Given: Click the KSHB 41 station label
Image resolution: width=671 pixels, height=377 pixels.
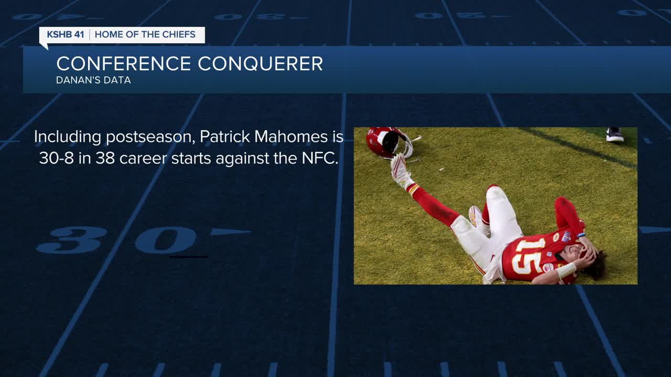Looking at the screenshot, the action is pyautogui.click(x=66, y=35).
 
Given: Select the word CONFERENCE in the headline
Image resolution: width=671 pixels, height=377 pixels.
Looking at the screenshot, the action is pyautogui.click(x=123, y=63).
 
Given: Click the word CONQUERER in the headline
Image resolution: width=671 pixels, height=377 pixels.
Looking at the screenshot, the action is pyautogui.click(x=261, y=64).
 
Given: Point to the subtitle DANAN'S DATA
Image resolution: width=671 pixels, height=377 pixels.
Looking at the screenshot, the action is pyautogui.click(x=93, y=80).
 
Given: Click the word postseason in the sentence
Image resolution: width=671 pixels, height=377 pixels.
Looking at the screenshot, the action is pyautogui.click(x=150, y=137).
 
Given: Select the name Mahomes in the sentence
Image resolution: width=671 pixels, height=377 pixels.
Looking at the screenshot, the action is pyautogui.click(x=291, y=137).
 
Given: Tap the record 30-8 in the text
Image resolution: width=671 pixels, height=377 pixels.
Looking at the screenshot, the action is pyautogui.click(x=56, y=158).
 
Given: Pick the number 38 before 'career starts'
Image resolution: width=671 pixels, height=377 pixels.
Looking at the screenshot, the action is pyautogui.click(x=105, y=158).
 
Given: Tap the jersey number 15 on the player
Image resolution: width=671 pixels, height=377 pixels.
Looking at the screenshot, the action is pyautogui.click(x=527, y=257).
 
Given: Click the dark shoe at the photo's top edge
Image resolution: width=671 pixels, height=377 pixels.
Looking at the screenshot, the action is pyautogui.click(x=615, y=135).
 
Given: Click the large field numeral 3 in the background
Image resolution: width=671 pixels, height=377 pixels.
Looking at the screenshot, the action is pyautogui.click(x=72, y=240).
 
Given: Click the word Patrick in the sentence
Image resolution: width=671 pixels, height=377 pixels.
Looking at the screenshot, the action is pyautogui.click(x=225, y=137).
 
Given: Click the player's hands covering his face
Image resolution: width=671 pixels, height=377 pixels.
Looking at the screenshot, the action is pyautogui.click(x=588, y=253).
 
